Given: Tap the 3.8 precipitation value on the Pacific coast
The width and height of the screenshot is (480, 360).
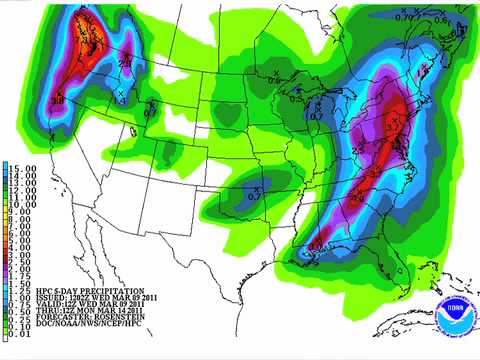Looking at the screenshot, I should click(58, 100).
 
